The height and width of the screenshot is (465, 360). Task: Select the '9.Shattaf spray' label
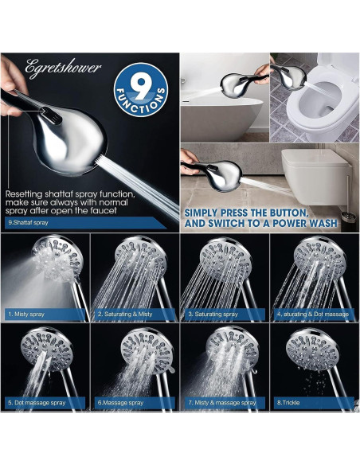(x=28, y=223)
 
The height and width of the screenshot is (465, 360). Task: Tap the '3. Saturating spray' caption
(x=214, y=315)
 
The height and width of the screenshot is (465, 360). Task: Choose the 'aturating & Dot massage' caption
(x=314, y=315)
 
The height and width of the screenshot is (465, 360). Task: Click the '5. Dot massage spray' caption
(x=37, y=403)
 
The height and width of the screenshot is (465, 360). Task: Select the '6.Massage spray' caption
(x=119, y=403)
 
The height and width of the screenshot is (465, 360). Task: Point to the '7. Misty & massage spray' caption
(x=224, y=403)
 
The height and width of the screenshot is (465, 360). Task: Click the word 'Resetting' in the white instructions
(x=25, y=193)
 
